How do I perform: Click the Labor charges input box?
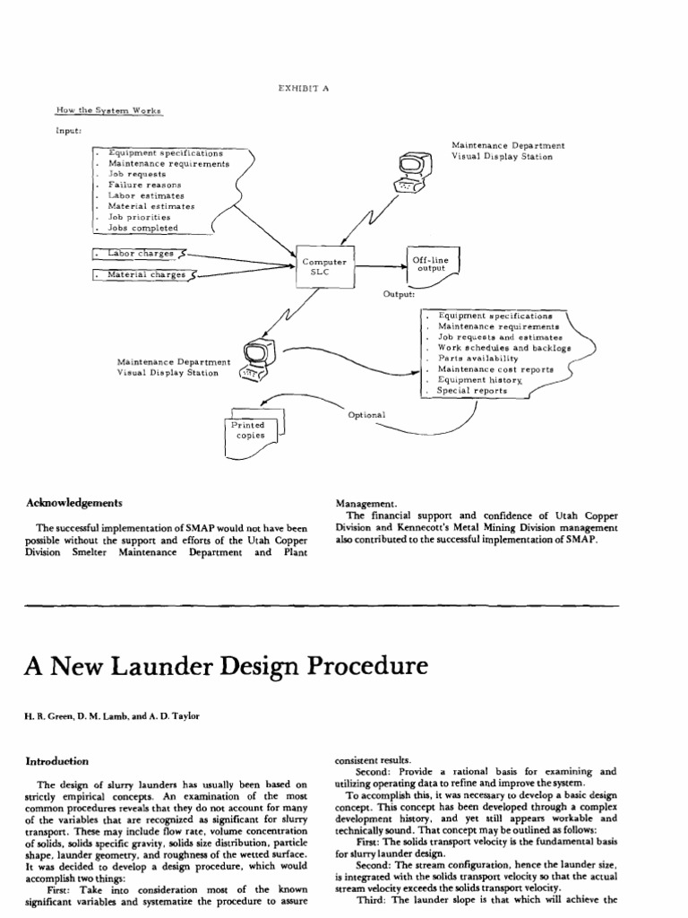click(140, 254)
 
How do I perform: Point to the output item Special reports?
click(472, 391)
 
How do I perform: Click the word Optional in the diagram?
click(365, 415)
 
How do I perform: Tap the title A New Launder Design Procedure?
click(215, 668)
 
